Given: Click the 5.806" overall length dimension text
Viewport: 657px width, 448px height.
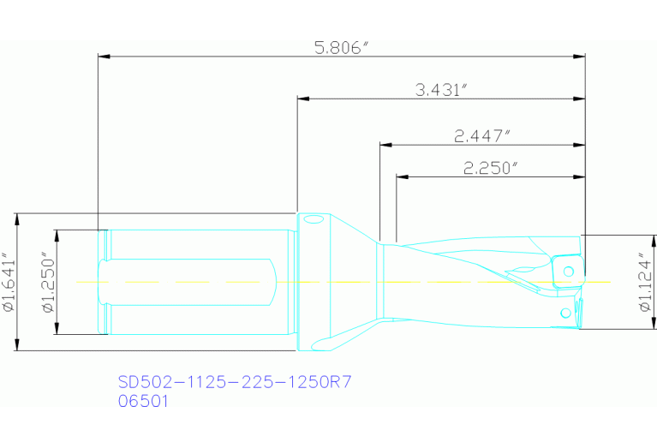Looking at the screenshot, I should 341,48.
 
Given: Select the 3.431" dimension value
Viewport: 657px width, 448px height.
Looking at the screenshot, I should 440,89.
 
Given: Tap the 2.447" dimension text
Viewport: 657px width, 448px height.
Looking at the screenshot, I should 482,135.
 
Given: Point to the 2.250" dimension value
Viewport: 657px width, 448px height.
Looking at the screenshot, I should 491,168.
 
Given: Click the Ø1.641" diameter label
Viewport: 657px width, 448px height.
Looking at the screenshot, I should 8,282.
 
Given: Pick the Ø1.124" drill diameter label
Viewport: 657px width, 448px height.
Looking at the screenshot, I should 647,282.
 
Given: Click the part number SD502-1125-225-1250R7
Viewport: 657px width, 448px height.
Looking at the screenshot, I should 234,382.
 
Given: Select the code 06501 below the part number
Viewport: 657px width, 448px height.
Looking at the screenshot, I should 142,400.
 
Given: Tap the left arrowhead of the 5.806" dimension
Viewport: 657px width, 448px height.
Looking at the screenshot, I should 105,57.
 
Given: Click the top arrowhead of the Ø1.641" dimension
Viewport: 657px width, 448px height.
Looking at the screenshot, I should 17,218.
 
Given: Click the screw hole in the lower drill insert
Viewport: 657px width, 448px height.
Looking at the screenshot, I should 564,314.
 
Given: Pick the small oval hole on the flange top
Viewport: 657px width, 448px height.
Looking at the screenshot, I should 313,221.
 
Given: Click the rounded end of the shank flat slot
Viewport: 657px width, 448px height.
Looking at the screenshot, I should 272,282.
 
